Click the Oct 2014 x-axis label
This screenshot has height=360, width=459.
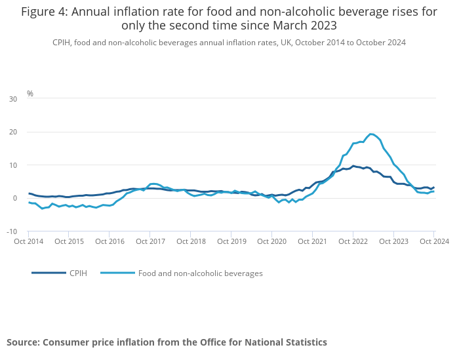click(x=29, y=241)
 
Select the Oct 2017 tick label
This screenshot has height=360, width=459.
click(x=150, y=241)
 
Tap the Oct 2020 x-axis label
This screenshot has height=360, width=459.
click(x=272, y=241)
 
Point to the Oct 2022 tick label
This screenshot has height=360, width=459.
click(x=353, y=241)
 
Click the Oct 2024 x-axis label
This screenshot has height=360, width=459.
click(x=433, y=241)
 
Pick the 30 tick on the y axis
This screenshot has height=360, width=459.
click(x=13, y=99)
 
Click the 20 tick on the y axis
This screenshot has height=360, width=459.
click(x=13, y=132)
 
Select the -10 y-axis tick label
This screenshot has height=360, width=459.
click(x=12, y=231)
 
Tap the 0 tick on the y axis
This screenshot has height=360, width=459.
click(x=15, y=198)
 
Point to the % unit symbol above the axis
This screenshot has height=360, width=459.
click(x=30, y=94)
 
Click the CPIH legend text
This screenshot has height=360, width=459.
click(x=78, y=273)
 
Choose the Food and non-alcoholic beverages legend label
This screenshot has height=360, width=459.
click(x=200, y=273)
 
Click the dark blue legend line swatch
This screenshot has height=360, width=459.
click(x=49, y=273)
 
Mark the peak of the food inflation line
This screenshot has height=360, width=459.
click(x=371, y=134)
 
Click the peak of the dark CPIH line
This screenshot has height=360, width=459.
click(x=353, y=166)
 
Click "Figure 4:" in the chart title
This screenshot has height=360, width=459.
click(x=43, y=12)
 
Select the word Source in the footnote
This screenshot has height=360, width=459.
click(x=23, y=342)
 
